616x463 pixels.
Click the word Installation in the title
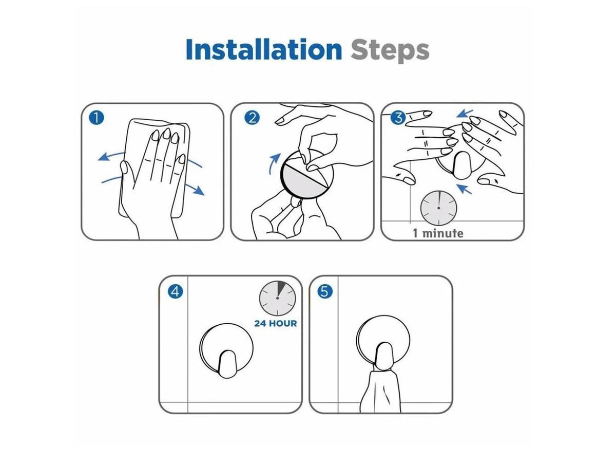(x=264, y=49)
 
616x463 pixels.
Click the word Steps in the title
(x=390, y=51)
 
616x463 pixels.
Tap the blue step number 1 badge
(x=97, y=118)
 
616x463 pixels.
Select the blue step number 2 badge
(x=252, y=118)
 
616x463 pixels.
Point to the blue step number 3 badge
(x=398, y=118)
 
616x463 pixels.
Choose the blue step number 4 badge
(x=175, y=291)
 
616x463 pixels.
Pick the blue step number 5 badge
(x=325, y=291)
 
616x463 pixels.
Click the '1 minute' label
(x=438, y=233)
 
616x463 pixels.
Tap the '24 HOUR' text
(x=275, y=323)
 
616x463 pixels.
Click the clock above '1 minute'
(x=438, y=208)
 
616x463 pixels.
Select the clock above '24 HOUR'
(x=277, y=299)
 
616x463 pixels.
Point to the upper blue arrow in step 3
(x=465, y=113)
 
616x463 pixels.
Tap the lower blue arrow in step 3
(x=464, y=189)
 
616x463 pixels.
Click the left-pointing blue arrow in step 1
(x=111, y=156)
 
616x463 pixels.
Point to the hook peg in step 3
(x=461, y=165)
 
